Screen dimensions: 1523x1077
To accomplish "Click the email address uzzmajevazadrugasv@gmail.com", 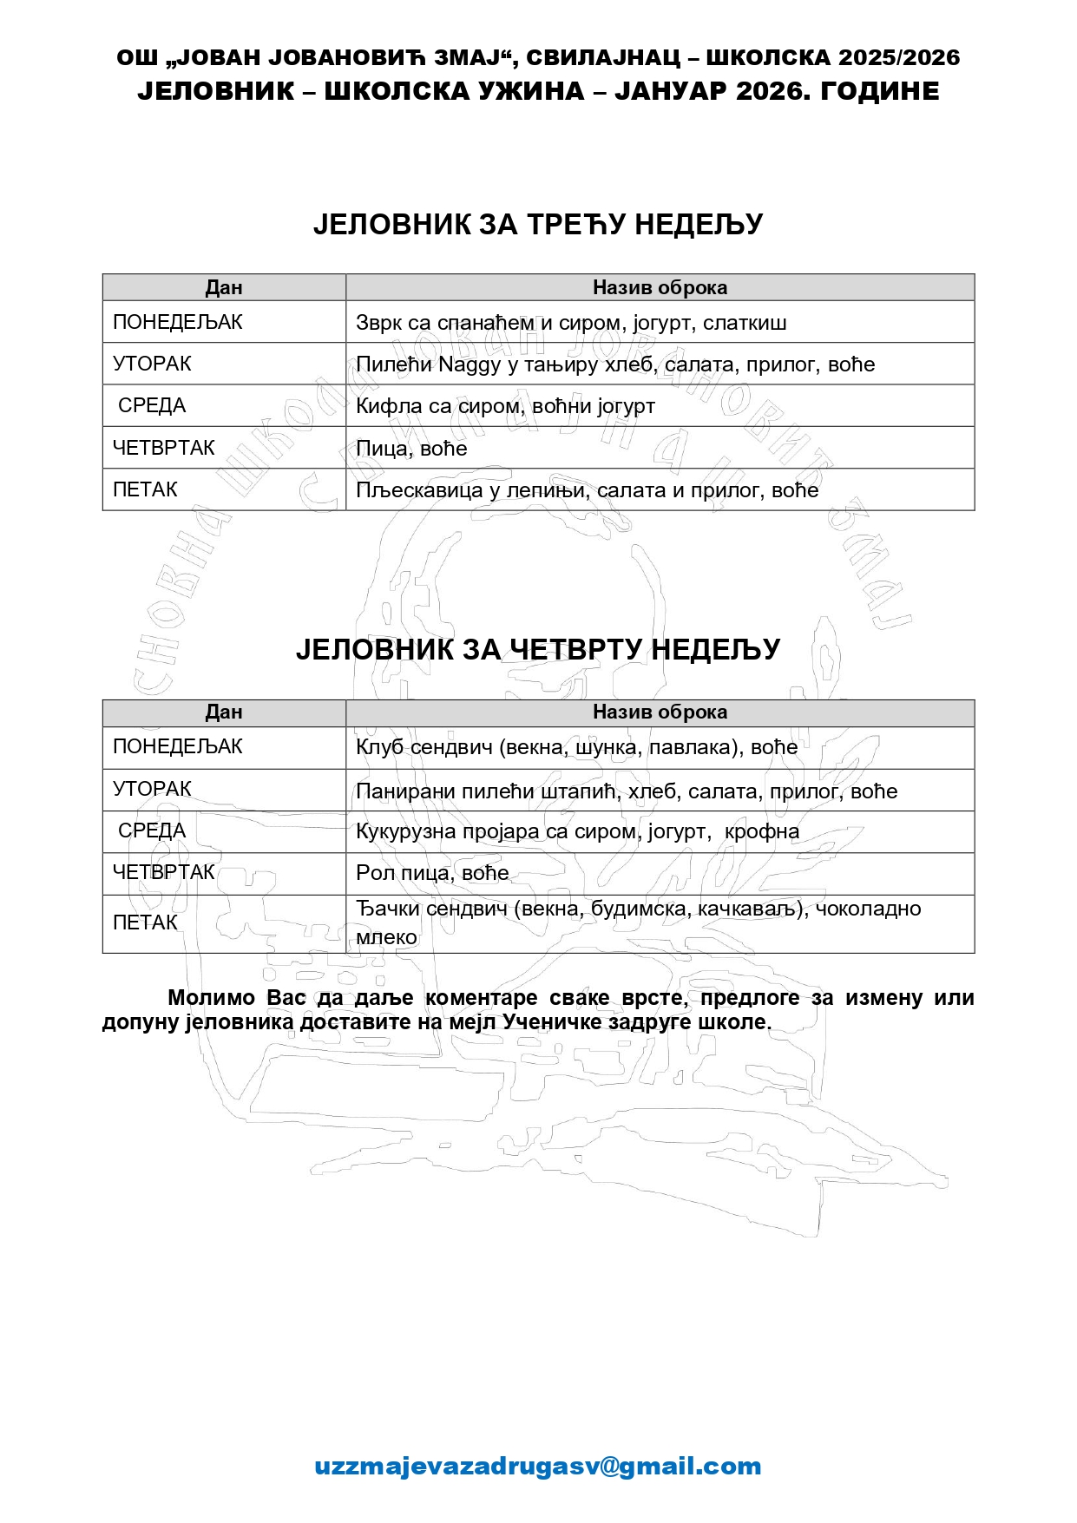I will click(538, 1466).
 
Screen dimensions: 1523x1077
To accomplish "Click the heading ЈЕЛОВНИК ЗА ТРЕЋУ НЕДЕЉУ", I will click(538, 225).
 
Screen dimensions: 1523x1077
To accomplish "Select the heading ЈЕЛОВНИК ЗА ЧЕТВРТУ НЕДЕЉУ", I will click(538, 649).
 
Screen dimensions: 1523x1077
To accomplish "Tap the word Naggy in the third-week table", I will click(470, 364).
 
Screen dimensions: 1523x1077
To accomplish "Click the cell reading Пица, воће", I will click(411, 449).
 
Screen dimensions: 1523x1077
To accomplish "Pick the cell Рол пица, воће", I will click(432, 873).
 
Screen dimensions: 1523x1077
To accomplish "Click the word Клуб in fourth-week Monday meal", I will click(379, 747).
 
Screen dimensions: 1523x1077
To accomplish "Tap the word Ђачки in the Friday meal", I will click(388, 909).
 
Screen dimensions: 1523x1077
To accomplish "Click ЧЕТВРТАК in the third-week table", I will click(164, 448).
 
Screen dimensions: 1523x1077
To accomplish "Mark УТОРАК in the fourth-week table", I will click(152, 789).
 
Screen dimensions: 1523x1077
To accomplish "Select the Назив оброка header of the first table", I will click(660, 287).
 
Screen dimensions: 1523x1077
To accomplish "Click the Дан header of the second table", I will click(223, 712).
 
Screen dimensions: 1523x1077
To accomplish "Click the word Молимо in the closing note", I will click(211, 998).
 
